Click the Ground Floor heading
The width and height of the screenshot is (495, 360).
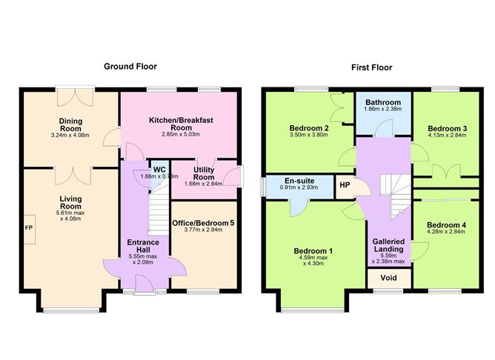(129, 67)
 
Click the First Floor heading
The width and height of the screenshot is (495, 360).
(372, 67)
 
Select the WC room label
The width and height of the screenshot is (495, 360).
(159, 170)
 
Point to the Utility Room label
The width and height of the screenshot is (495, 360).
(204, 174)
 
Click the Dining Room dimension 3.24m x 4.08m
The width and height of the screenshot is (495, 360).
(71, 136)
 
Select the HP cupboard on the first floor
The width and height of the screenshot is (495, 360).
(344, 185)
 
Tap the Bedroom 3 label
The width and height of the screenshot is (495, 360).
(447, 127)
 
